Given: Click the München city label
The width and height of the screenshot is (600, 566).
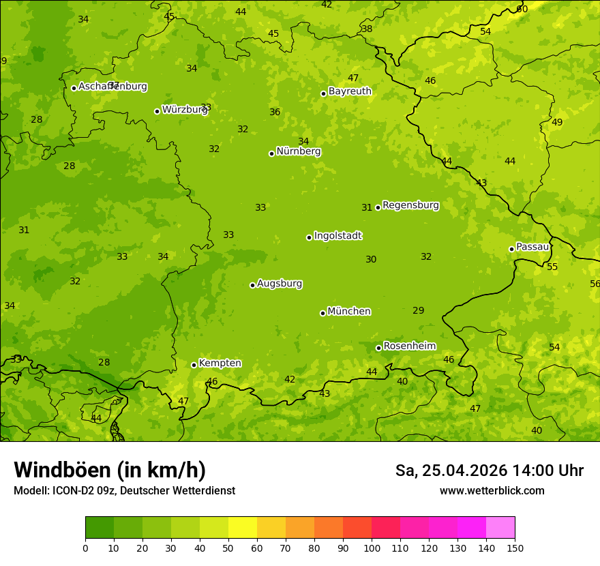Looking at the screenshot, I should tap(349, 312).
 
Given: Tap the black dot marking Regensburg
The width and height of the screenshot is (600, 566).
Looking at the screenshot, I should tap(378, 207).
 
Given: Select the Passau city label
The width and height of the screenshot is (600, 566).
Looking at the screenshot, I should tap(532, 247).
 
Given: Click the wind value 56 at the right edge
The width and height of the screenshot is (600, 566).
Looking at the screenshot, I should tap(595, 284).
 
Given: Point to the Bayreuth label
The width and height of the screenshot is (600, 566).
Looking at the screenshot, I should tap(350, 91).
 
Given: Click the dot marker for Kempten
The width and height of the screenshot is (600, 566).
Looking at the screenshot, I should tap(194, 365).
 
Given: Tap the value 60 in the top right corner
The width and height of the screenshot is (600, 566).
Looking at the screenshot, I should tap(522, 9).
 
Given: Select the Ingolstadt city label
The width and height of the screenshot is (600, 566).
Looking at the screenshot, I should tap(337, 236).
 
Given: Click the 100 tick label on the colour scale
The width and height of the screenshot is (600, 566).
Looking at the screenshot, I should tap(372, 548).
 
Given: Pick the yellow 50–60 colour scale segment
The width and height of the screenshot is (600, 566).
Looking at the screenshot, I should tap(243, 528).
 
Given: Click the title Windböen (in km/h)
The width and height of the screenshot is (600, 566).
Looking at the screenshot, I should tap(110, 470).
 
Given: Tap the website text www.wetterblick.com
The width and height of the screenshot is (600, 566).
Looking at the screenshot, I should tap(492, 490).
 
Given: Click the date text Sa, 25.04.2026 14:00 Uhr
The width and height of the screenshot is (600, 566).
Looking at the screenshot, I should tap(489, 471).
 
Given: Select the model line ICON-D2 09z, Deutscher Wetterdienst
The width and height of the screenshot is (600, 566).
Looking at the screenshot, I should tap(124, 490).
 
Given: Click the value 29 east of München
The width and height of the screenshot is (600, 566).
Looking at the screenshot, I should tap(418, 310).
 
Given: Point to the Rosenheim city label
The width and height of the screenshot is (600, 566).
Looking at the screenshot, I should tap(409, 346).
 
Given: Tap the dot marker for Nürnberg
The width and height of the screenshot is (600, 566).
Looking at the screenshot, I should tap(271, 153).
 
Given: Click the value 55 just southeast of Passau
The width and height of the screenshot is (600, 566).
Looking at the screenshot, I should tap(552, 267).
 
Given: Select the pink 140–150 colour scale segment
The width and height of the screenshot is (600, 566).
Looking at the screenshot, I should tap(500, 528).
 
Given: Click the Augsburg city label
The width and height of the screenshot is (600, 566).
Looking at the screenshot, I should tap(280, 284).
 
